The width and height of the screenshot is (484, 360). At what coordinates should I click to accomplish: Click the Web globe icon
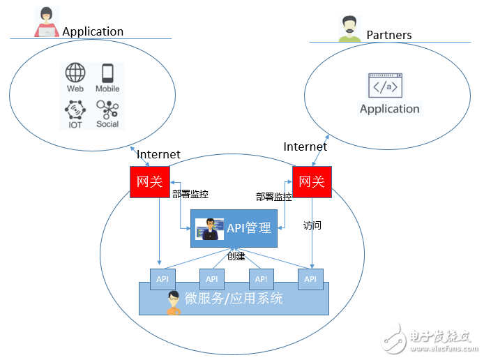[75, 73]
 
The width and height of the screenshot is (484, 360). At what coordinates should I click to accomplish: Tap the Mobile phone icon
[107, 73]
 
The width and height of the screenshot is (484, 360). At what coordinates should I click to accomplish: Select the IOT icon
[75, 110]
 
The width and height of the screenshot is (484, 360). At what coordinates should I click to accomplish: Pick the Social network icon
[107, 110]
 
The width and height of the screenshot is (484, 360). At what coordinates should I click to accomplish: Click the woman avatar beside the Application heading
[47, 22]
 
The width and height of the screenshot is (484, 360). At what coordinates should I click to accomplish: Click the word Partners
[389, 35]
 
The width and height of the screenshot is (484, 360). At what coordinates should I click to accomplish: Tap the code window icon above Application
[388, 86]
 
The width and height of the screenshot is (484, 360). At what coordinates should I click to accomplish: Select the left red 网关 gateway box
[149, 181]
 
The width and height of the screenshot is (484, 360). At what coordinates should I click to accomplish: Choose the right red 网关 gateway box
[312, 181]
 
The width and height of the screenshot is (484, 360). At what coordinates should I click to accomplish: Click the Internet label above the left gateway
[158, 154]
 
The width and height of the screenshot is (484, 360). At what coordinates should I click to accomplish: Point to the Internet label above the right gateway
[305, 147]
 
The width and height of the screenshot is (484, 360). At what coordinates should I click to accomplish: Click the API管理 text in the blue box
[249, 227]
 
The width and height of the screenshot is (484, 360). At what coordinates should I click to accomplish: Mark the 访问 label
[312, 225]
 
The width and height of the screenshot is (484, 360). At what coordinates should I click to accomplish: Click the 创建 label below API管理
[236, 256]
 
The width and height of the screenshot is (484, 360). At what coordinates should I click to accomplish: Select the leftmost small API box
[162, 279]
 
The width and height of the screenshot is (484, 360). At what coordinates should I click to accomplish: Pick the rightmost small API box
[310, 279]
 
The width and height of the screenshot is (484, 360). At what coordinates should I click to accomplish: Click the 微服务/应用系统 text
[234, 299]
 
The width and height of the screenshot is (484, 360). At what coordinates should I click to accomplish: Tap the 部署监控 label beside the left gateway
[190, 195]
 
